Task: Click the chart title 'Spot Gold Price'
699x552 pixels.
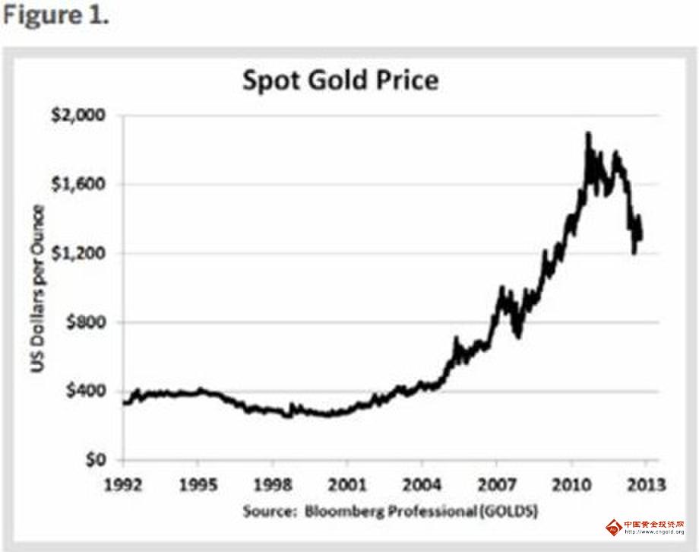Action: pos(340,80)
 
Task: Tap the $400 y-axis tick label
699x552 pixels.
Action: pos(87,392)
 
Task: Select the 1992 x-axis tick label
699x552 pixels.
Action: pos(123,484)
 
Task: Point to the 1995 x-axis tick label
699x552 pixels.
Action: pos(198,484)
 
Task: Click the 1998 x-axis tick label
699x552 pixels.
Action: pos(273,484)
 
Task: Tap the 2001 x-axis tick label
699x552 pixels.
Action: pos(347,484)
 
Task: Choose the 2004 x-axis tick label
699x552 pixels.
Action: pos(422,484)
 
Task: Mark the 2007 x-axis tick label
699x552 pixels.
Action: pos(496,484)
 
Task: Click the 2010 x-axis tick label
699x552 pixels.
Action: pos(571,484)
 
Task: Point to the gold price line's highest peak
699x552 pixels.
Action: pos(587,135)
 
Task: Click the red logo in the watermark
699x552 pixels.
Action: pos(612,528)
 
